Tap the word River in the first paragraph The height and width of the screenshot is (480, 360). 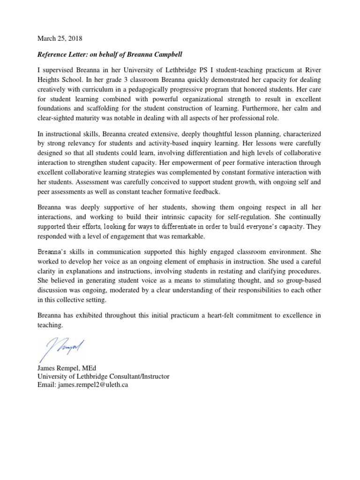312,70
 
